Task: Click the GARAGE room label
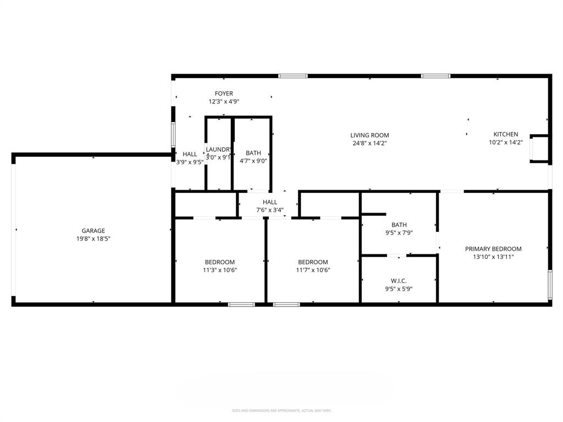tap(93, 231)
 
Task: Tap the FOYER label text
tap(224, 94)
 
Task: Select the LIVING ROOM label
tap(369, 135)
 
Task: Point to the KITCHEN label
tap(505, 134)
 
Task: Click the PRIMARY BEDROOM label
tap(493, 249)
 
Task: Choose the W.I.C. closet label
tap(399, 281)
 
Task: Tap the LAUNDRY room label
tap(218, 149)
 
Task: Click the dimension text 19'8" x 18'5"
tap(93, 238)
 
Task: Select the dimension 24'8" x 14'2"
tap(369, 143)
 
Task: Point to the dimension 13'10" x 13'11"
tap(493, 257)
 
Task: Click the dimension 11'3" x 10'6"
tap(220, 270)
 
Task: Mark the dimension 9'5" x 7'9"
tap(399, 232)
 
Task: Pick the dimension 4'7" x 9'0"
tap(253, 161)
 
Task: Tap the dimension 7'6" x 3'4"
tap(270, 210)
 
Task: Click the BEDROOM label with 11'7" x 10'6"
tap(313, 262)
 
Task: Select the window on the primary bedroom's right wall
tap(549, 284)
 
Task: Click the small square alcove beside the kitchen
tap(539, 149)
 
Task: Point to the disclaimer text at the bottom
tap(281, 410)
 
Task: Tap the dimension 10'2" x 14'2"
tap(505, 142)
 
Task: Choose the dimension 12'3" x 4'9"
tap(224, 102)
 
